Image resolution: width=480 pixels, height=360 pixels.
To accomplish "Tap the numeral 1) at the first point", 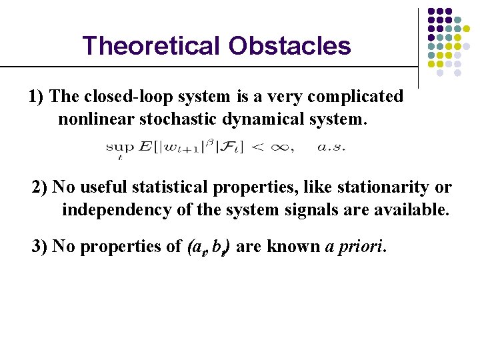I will [37, 97].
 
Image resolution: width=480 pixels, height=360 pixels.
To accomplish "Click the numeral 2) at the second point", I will [40, 187].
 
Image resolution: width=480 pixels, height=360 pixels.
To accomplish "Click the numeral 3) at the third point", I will [40, 247].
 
